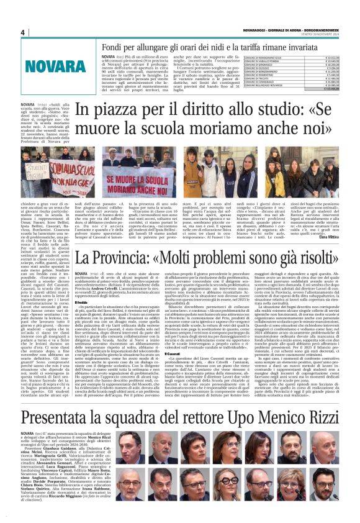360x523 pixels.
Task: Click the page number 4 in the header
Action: (23, 32)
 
